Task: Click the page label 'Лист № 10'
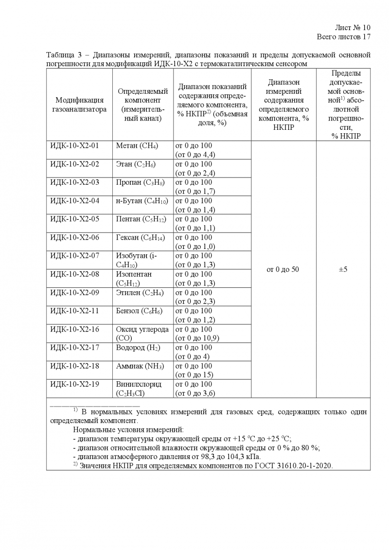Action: click(x=353, y=27)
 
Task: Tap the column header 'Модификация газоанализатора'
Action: click(x=79, y=105)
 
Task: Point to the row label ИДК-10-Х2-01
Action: click(x=74, y=145)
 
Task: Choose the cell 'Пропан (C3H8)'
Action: click(x=140, y=182)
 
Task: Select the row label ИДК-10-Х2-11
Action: click(x=74, y=311)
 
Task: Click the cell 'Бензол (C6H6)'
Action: click(x=139, y=311)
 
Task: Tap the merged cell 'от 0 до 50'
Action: click(x=283, y=269)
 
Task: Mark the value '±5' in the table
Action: click(x=343, y=269)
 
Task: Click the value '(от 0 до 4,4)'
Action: click(x=195, y=155)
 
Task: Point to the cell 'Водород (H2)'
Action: click(x=138, y=348)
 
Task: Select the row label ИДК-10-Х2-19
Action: click(x=74, y=384)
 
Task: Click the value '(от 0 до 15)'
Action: click(x=194, y=375)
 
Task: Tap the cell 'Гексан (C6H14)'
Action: click(x=140, y=237)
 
